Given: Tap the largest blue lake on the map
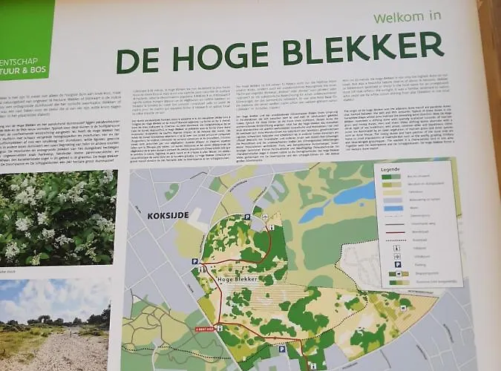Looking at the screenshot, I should click(356, 194).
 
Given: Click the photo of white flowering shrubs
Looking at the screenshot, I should click(56, 215).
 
